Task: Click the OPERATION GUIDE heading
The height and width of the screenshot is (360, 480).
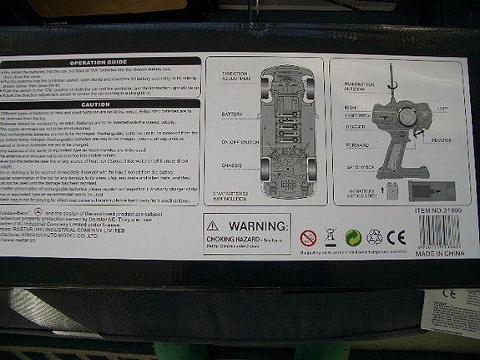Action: (99, 62)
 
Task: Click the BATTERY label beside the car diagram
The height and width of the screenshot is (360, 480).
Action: (232, 113)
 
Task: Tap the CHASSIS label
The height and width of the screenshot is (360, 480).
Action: (231, 168)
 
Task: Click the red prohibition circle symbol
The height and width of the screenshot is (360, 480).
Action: (307, 237)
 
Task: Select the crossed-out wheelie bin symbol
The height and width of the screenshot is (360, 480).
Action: (330, 238)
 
